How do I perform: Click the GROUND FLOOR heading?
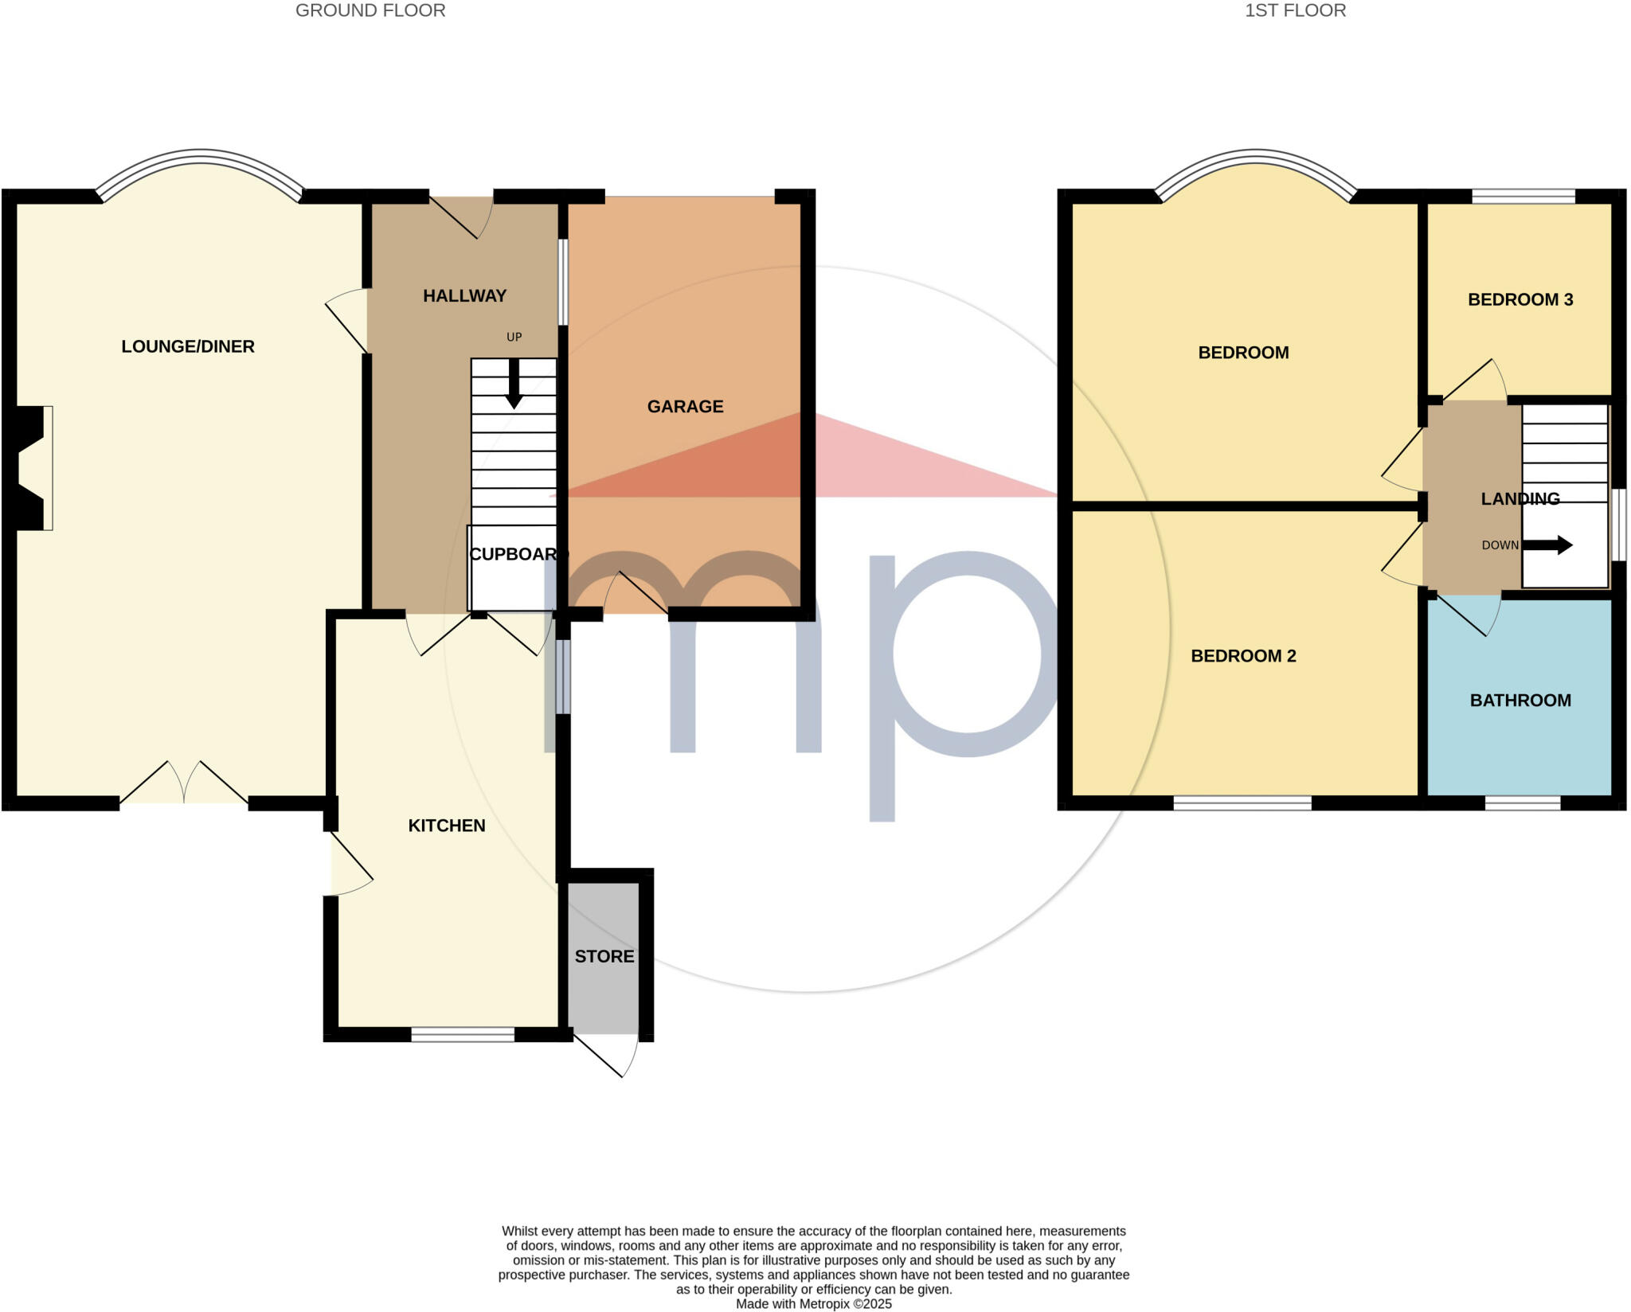pyautogui.click(x=370, y=10)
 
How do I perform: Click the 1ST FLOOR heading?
pyautogui.click(x=1295, y=10)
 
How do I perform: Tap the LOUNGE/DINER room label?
pyautogui.click(x=188, y=346)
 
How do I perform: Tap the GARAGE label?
pyautogui.click(x=685, y=407)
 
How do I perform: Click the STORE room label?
pyautogui.click(x=604, y=956)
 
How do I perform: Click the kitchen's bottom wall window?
pyautogui.click(x=463, y=1035)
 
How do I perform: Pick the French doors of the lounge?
pyautogui.click(x=184, y=784)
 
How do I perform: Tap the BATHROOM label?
pyautogui.click(x=1520, y=701)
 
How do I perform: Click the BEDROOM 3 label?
pyautogui.click(x=1520, y=300)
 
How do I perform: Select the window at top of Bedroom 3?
pyautogui.click(x=1523, y=197)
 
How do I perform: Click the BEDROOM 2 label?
pyautogui.click(x=1243, y=656)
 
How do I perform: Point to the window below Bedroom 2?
pyautogui.click(x=1242, y=803)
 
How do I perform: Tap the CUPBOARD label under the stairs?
pyautogui.click(x=514, y=554)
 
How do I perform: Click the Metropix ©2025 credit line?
pyautogui.click(x=813, y=1304)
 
